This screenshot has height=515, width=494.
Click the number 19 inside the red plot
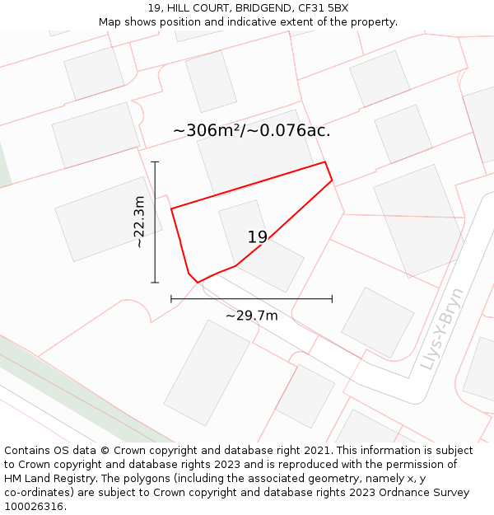258,237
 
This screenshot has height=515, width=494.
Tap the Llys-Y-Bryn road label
442,328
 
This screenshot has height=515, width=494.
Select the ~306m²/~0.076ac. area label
252,130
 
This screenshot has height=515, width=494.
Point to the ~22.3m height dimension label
139,222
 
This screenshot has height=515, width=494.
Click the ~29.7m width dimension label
252,315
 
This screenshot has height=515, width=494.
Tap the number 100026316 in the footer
34,507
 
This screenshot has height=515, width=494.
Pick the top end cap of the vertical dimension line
155,162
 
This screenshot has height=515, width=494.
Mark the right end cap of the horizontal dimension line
332,298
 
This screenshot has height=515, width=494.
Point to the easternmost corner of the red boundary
332,180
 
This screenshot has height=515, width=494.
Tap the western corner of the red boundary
171,208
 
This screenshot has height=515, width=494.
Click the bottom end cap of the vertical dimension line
155,283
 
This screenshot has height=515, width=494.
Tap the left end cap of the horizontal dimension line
171,298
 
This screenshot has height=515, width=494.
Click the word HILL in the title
181,7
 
